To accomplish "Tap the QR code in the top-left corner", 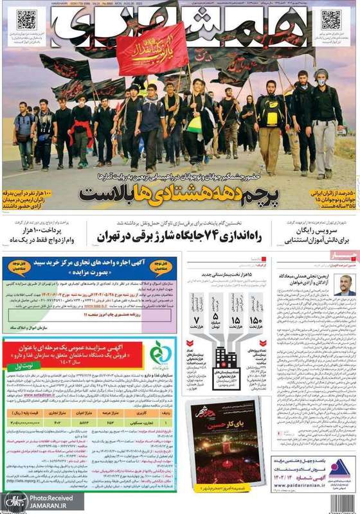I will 26,20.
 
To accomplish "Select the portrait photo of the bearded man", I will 345,283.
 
